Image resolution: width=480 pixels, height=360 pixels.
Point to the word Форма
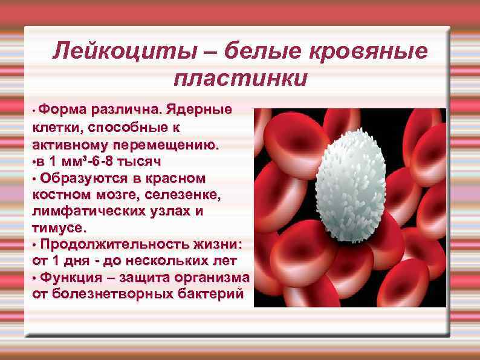pos(64,110)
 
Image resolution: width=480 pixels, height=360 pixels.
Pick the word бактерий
pos(213,294)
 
